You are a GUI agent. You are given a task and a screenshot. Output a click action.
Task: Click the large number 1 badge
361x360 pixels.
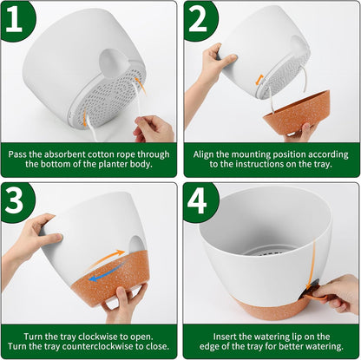tap(15, 20)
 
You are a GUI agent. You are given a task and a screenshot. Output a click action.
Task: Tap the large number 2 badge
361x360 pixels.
tap(199, 20)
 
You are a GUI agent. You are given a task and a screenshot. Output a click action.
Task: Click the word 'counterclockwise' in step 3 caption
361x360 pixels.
tap(97, 346)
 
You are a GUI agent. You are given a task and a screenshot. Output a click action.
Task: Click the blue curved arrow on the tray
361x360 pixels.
tap(108, 272)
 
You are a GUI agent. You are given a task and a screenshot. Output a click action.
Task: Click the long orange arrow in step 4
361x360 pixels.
tap(313, 264)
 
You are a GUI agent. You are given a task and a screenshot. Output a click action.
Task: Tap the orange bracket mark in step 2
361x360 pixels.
tap(259, 80)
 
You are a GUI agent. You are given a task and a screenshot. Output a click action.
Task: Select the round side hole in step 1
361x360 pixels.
tap(112, 64)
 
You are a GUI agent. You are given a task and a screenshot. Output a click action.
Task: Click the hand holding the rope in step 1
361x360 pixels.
tap(154, 129)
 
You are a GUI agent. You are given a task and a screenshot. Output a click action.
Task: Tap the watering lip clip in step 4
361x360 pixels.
tap(312, 292)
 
